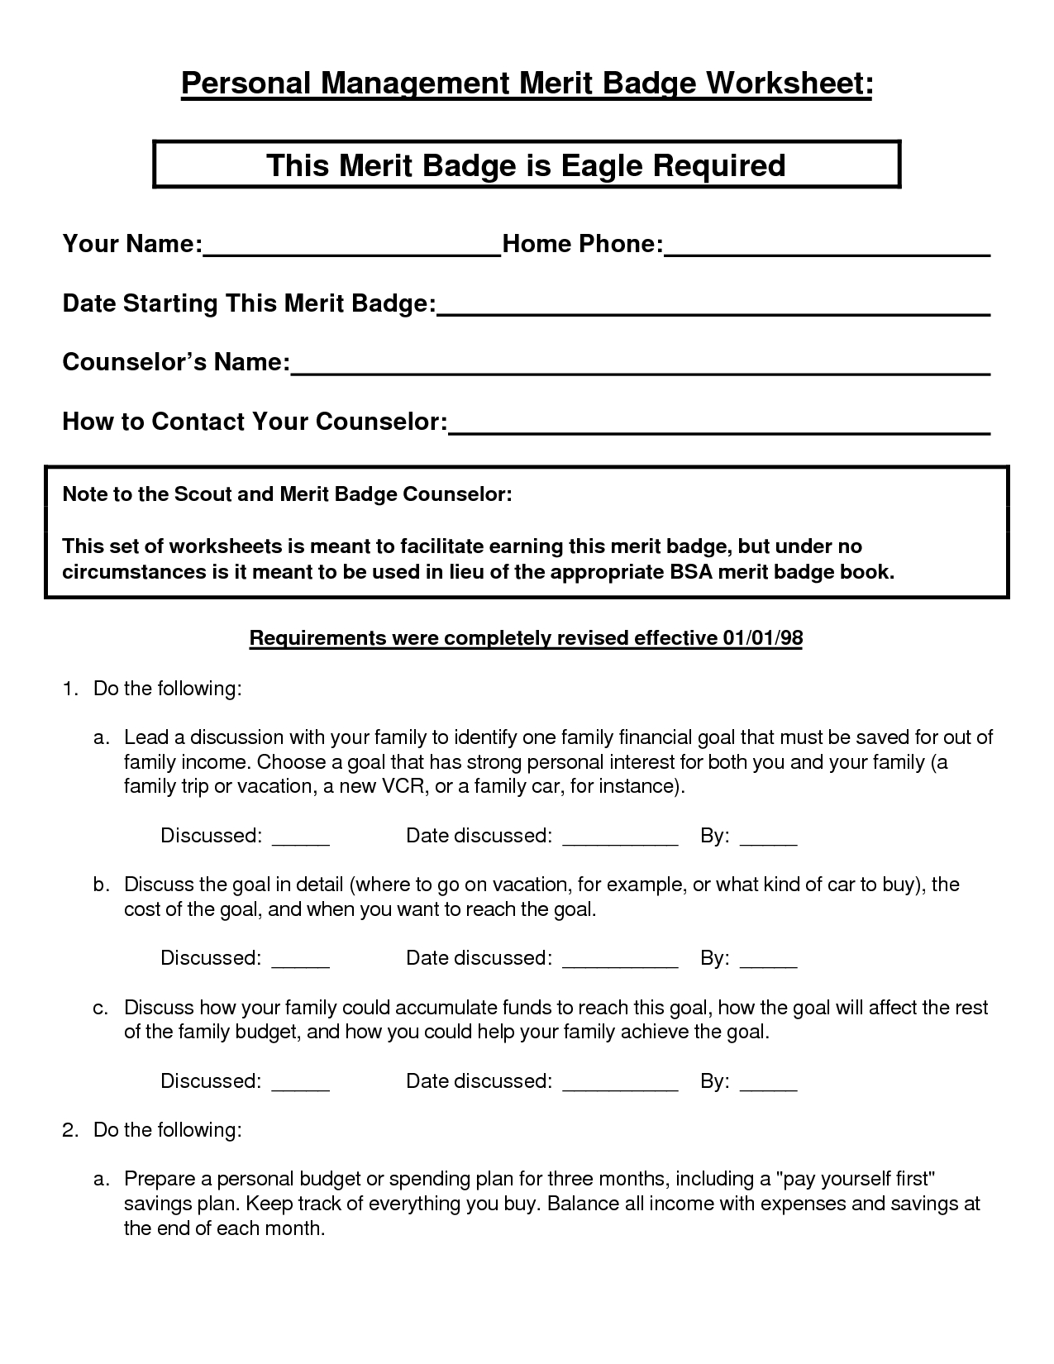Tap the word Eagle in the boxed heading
(603, 165)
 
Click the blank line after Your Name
(352, 253)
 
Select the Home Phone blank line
(827, 253)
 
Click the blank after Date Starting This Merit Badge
(713, 312)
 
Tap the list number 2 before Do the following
(69, 1130)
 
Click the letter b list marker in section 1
(100, 885)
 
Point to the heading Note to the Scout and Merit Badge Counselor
(288, 495)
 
